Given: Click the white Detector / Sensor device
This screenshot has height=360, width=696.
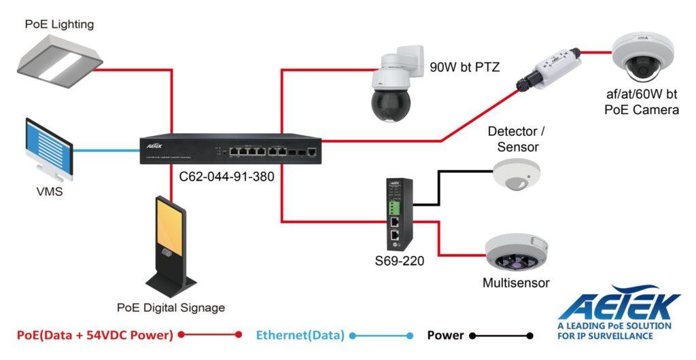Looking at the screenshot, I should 516,173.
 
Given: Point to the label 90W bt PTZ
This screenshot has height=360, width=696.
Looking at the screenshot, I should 465,67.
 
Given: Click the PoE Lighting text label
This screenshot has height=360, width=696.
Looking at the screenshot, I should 59,24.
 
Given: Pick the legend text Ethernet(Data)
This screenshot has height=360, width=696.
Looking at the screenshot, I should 300,335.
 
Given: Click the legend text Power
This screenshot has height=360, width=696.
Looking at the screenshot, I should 445,335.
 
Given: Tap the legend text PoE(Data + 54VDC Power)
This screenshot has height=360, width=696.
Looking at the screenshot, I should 94,335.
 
